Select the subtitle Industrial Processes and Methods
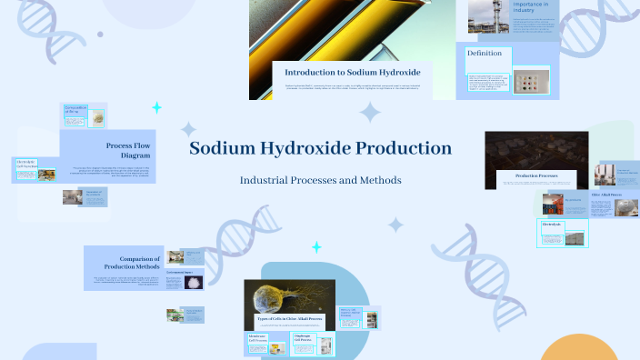[320, 180]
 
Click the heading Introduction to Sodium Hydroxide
[352, 72]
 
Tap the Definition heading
[485, 54]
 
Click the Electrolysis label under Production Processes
[553, 224]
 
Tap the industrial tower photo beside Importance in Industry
[488, 16]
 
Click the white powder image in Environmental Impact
[194, 282]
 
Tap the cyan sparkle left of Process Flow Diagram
[156, 108]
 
